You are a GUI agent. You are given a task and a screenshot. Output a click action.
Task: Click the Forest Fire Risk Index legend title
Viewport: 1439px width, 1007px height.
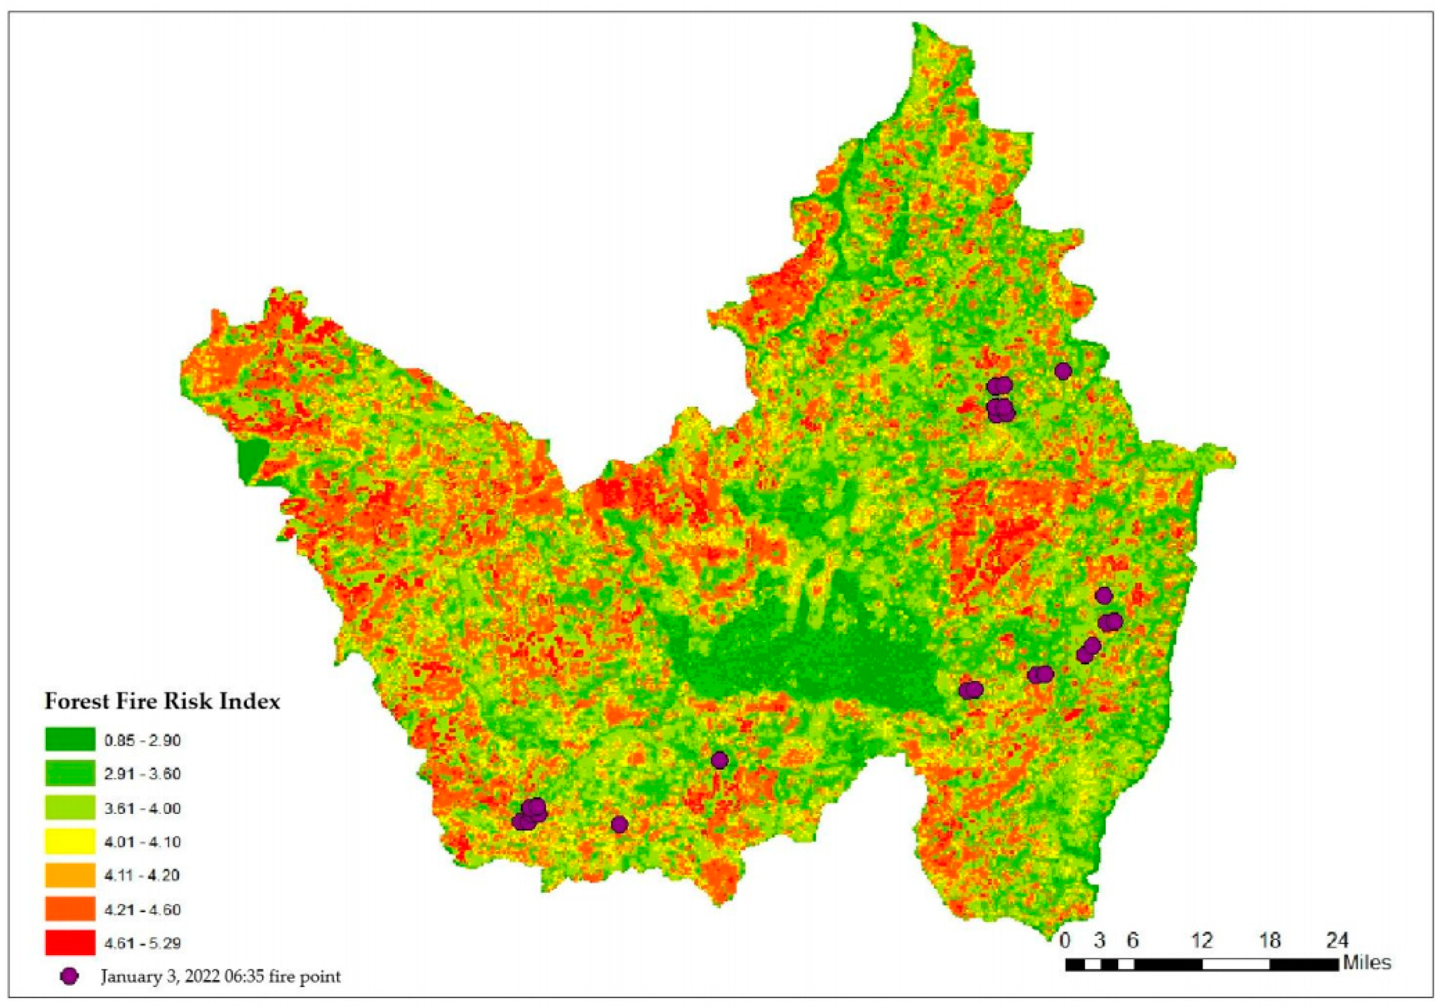(162, 701)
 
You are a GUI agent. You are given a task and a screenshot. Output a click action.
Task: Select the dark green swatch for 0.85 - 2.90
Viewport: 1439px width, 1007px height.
(70, 739)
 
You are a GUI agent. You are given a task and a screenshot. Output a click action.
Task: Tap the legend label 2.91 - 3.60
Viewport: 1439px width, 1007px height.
(143, 774)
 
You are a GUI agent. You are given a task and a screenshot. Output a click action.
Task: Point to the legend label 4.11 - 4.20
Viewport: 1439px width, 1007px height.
(143, 875)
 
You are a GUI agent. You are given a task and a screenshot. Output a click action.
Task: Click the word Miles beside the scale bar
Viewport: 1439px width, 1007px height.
(1367, 962)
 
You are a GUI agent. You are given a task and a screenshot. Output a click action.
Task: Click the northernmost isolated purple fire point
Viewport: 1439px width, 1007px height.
(1063, 371)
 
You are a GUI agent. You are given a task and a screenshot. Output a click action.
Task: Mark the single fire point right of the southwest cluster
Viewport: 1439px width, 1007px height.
(619, 825)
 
